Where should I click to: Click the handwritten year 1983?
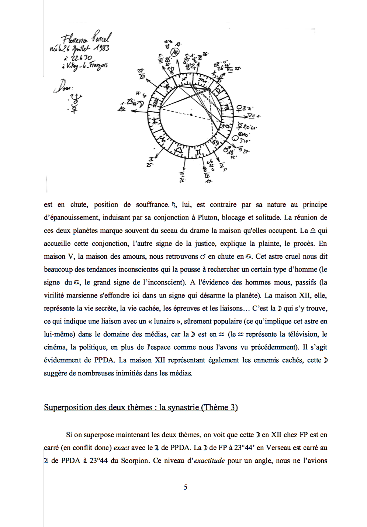point(101,48)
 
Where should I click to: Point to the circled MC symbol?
point(176,52)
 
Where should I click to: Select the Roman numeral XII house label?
point(142,76)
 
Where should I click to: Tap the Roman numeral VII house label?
point(252,116)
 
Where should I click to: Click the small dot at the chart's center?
point(191,115)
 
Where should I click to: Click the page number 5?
point(186,487)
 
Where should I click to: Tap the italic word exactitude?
point(209,460)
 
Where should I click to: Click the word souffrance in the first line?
point(152,204)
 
